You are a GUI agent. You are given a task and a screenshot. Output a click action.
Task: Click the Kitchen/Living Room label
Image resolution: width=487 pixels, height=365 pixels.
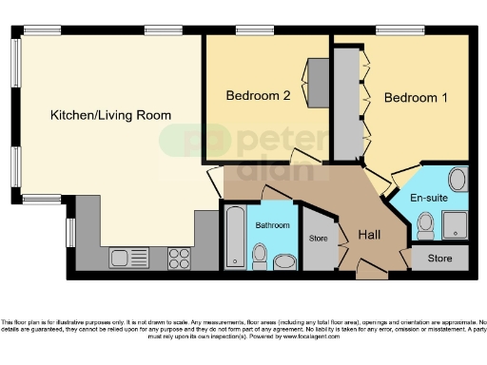pos(111,116)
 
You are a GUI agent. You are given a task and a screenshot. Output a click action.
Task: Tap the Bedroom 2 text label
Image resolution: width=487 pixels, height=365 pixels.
pos(256,96)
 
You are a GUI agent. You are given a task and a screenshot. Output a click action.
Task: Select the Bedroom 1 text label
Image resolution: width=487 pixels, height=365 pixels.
pos(415,97)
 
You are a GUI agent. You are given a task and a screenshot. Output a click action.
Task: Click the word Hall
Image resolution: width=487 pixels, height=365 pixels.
pos(371,235)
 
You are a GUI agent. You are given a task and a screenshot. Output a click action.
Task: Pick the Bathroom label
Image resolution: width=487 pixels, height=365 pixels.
pos(272,225)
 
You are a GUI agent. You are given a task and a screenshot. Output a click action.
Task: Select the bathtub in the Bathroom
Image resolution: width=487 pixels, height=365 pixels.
pos(234,238)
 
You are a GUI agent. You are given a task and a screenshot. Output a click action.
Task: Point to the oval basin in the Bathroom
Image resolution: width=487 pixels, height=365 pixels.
pos(283,261)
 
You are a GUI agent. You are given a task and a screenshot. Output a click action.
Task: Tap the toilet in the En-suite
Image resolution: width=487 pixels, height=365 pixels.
pos(425,225)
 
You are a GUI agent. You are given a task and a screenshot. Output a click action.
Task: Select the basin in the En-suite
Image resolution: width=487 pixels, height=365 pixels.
pos(456,180)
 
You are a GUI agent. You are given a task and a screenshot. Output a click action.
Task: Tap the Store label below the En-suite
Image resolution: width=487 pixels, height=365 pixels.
pos(439,258)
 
